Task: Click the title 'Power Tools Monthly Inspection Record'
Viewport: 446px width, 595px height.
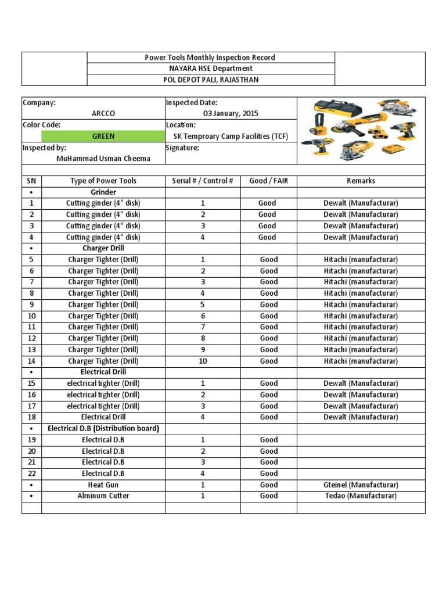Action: pyautogui.click(x=210, y=58)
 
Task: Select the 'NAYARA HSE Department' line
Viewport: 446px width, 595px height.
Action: pyautogui.click(x=210, y=69)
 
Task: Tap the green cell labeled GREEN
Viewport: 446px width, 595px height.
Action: pyautogui.click(x=103, y=136)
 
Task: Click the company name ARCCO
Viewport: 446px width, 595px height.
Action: pyautogui.click(x=103, y=113)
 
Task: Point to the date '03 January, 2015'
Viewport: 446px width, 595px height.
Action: pyautogui.click(x=231, y=113)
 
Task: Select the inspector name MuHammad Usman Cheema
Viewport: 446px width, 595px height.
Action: pyautogui.click(x=103, y=159)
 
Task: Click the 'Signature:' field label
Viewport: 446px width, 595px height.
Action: pyautogui.click(x=182, y=148)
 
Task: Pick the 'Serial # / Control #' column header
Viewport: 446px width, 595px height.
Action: pyautogui.click(x=202, y=181)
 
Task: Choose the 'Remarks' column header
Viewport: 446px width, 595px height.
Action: pyautogui.click(x=361, y=181)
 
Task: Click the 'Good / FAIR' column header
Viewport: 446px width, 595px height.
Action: pyautogui.click(x=268, y=181)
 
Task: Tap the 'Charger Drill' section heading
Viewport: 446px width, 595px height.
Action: pyautogui.click(x=103, y=248)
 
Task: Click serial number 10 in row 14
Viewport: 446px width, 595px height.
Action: pyautogui.click(x=203, y=361)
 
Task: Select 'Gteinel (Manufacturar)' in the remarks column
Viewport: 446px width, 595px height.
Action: pyautogui.click(x=361, y=485)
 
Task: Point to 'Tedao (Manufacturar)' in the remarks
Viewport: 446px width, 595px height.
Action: pyautogui.click(x=361, y=496)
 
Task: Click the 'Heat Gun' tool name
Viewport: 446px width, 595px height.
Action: pyautogui.click(x=103, y=485)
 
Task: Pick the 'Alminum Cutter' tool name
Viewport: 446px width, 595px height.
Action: pyautogui.click(x=103, y=496)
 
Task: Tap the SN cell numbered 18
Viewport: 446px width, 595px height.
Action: pyautogui.click(x=31, y=417)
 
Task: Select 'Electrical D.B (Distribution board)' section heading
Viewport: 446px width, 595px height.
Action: pyautogui.click(x=103, y=428)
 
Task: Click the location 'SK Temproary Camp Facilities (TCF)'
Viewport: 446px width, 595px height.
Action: pyautogui.click(x=231, y=136)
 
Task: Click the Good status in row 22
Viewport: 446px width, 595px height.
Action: pyautogui.click(x=268, y=474)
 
